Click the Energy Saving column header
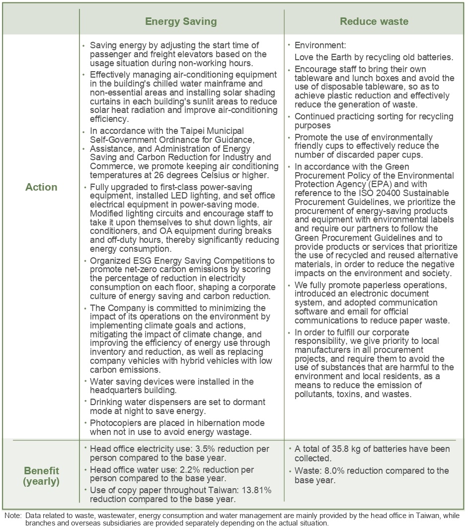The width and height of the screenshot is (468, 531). [181, 21]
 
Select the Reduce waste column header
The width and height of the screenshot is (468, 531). [374, 21]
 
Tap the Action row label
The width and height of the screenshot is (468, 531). [41, 187]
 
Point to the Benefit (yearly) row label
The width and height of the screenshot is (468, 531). [41, 476]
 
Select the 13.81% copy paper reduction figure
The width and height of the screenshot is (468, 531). [255, 491]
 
